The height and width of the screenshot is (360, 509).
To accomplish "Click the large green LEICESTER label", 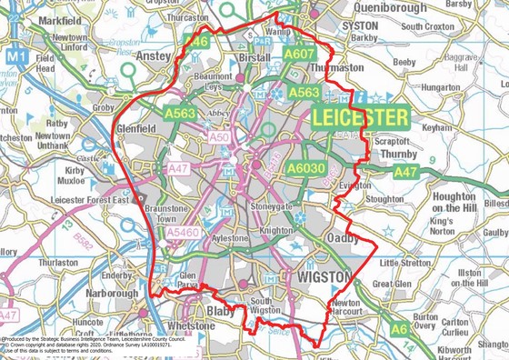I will pos(361,118).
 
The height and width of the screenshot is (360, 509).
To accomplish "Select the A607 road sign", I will pos(299,54).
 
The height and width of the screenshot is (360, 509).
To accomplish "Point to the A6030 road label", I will pos(305,168).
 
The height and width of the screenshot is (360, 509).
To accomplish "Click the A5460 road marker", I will pos(184,234).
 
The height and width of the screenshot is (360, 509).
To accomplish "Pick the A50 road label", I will pos(219,136).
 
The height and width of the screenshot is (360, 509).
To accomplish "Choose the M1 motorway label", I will pos(12,56).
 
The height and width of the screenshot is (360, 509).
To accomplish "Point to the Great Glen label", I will pos(392,284).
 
